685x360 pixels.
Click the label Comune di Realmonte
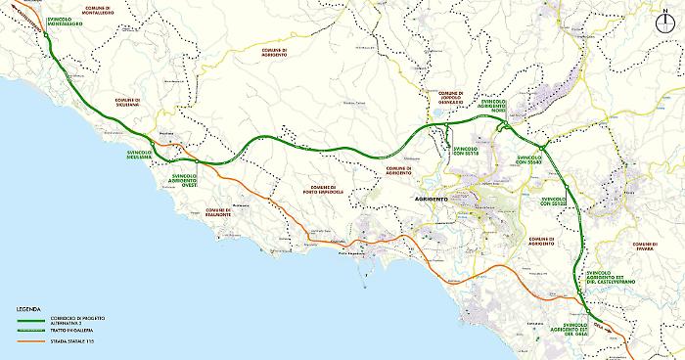(218, 211)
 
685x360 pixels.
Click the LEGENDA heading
(27, 309)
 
